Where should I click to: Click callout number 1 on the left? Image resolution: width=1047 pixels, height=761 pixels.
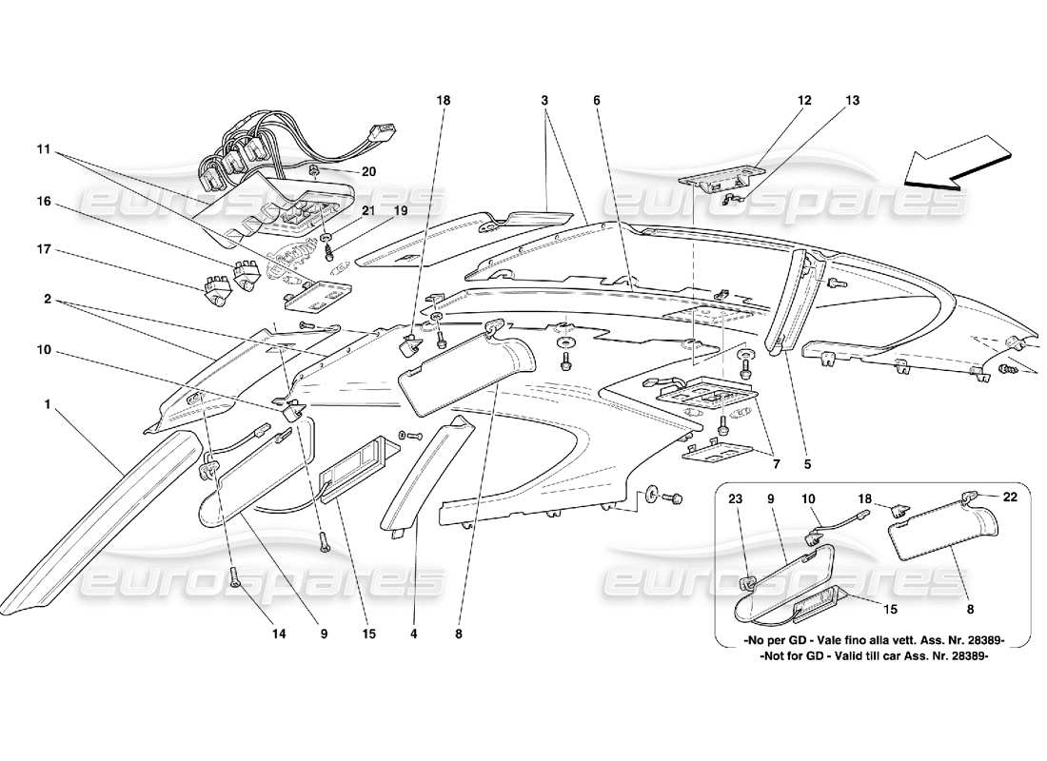point(47,404)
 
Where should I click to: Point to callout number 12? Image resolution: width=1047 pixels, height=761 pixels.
point(804,99)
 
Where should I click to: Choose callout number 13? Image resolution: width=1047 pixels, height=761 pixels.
point(851,99)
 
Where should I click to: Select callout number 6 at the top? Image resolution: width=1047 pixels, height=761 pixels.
point(596,99)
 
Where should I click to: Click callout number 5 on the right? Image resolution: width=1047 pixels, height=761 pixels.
point(807,466)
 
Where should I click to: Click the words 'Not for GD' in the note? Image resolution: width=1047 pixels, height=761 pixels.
point(783,655)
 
